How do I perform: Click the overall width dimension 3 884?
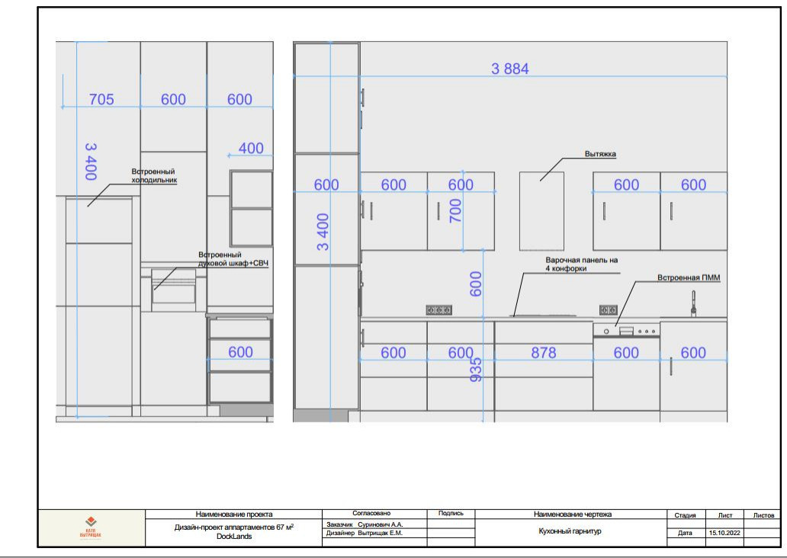pyautogui.click(x=510, y=69)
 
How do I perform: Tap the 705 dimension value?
pyautogui.click(x=101, y=99)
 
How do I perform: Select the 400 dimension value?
pyautogui.click(x=251, y=149)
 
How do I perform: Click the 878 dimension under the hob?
pyautogui.click(x=544, y=353)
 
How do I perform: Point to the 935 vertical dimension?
pyautogui.click(x=476, y=370)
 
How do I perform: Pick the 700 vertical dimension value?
pyautogui.click(x=455, y=210)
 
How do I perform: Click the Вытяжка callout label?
pyautogui.click(x=600, y=154)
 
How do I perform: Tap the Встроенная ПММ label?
pyautogui.click(x=689, y=277)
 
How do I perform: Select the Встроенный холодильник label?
pyautogui.click(x=154, y=175)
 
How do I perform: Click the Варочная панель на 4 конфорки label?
pyautogui.click(x=582, y=265)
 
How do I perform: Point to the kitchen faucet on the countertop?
pyautogui.click(x=694, y=304)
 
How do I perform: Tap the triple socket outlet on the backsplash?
pyautogui.click(x=438, y=310)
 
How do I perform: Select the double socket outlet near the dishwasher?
pyautogui.click(x=609, y=310)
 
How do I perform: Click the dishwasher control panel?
pyautogui.click(x=626, y=331)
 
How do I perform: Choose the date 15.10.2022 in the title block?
pyautogui.click(x=724, y=533)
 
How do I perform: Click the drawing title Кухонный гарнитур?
pyautogui.click(x=570, y=531)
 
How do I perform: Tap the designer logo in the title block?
pyautogui.click(x=91, y=528)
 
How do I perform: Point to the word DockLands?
pyautogui.click(x=234, y=537)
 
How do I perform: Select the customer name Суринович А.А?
pyautogui.click(x=381, y=524)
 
